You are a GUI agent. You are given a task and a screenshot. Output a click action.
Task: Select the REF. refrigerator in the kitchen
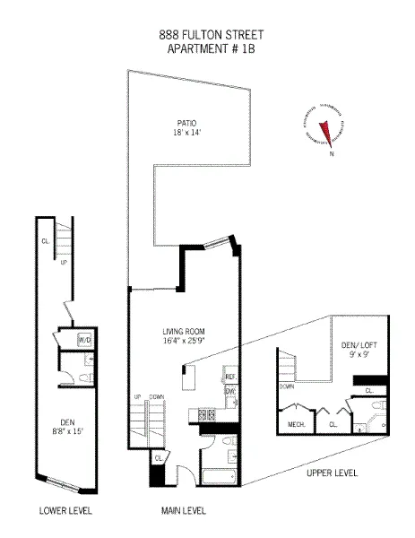pos(229,377)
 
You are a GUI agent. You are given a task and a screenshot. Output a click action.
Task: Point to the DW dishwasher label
pos(229,391)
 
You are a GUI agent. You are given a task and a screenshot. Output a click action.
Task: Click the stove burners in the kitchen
pos(206,415)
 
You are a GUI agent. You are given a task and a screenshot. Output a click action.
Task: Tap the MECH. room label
pos(297,424)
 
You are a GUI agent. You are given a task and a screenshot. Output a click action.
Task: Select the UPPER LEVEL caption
pos(332,471)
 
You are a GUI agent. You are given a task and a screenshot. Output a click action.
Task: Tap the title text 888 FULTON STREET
pos(211,35)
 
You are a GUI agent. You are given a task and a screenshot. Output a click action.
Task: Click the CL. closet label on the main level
pos(159,458)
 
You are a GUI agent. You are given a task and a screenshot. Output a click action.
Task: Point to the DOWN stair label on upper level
pos(287,386)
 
